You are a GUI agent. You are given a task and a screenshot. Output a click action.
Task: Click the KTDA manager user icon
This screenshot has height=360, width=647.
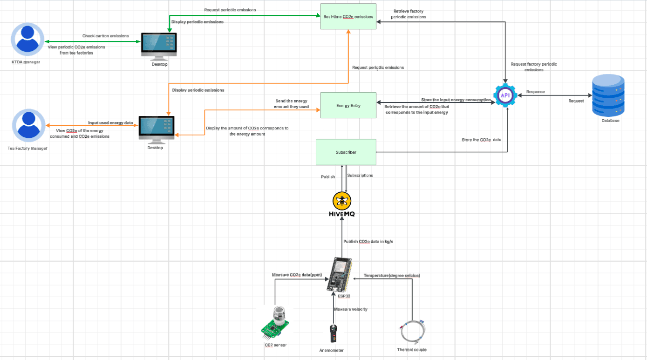point(27,40)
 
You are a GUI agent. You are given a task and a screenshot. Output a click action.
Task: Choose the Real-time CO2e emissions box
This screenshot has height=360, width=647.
point(348,17)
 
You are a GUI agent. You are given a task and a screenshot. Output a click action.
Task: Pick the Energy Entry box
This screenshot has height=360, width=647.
point(348,105)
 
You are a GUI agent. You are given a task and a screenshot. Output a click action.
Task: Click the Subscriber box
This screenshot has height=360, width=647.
point(346,152)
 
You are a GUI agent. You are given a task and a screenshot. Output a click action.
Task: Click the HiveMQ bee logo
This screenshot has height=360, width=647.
point(342,201)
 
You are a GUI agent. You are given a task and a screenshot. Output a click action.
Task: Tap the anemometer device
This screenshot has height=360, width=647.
point(333,334)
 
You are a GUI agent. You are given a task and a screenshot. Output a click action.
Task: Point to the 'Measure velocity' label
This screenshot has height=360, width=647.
point(350,309)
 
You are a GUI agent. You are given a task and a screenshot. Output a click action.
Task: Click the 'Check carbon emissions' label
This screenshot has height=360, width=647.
point(106,36)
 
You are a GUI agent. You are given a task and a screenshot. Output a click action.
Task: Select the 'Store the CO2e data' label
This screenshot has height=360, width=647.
point(482,140)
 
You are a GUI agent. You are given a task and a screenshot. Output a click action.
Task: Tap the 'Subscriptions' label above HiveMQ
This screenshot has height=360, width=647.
point(360,176)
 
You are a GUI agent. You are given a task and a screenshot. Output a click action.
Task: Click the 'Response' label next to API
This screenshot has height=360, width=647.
point(535,92)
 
